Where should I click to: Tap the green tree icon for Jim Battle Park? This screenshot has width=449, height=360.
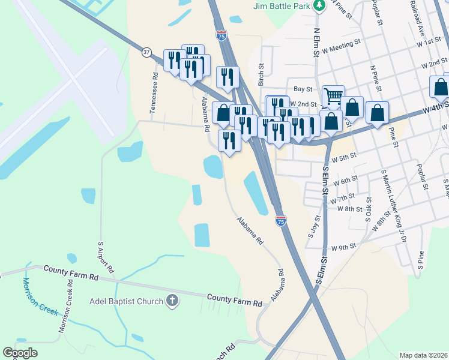tap(320, 5)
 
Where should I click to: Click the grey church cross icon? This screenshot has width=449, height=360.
tap(172, 300)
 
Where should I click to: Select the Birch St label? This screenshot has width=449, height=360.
tap(261, 75)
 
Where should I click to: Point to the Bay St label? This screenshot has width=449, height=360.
tap(303, 89)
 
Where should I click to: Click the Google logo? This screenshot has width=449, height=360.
tap(20, 353)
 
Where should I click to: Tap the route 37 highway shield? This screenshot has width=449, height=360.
tap(146, 52)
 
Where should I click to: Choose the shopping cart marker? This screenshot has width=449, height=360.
tap(333, 95)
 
